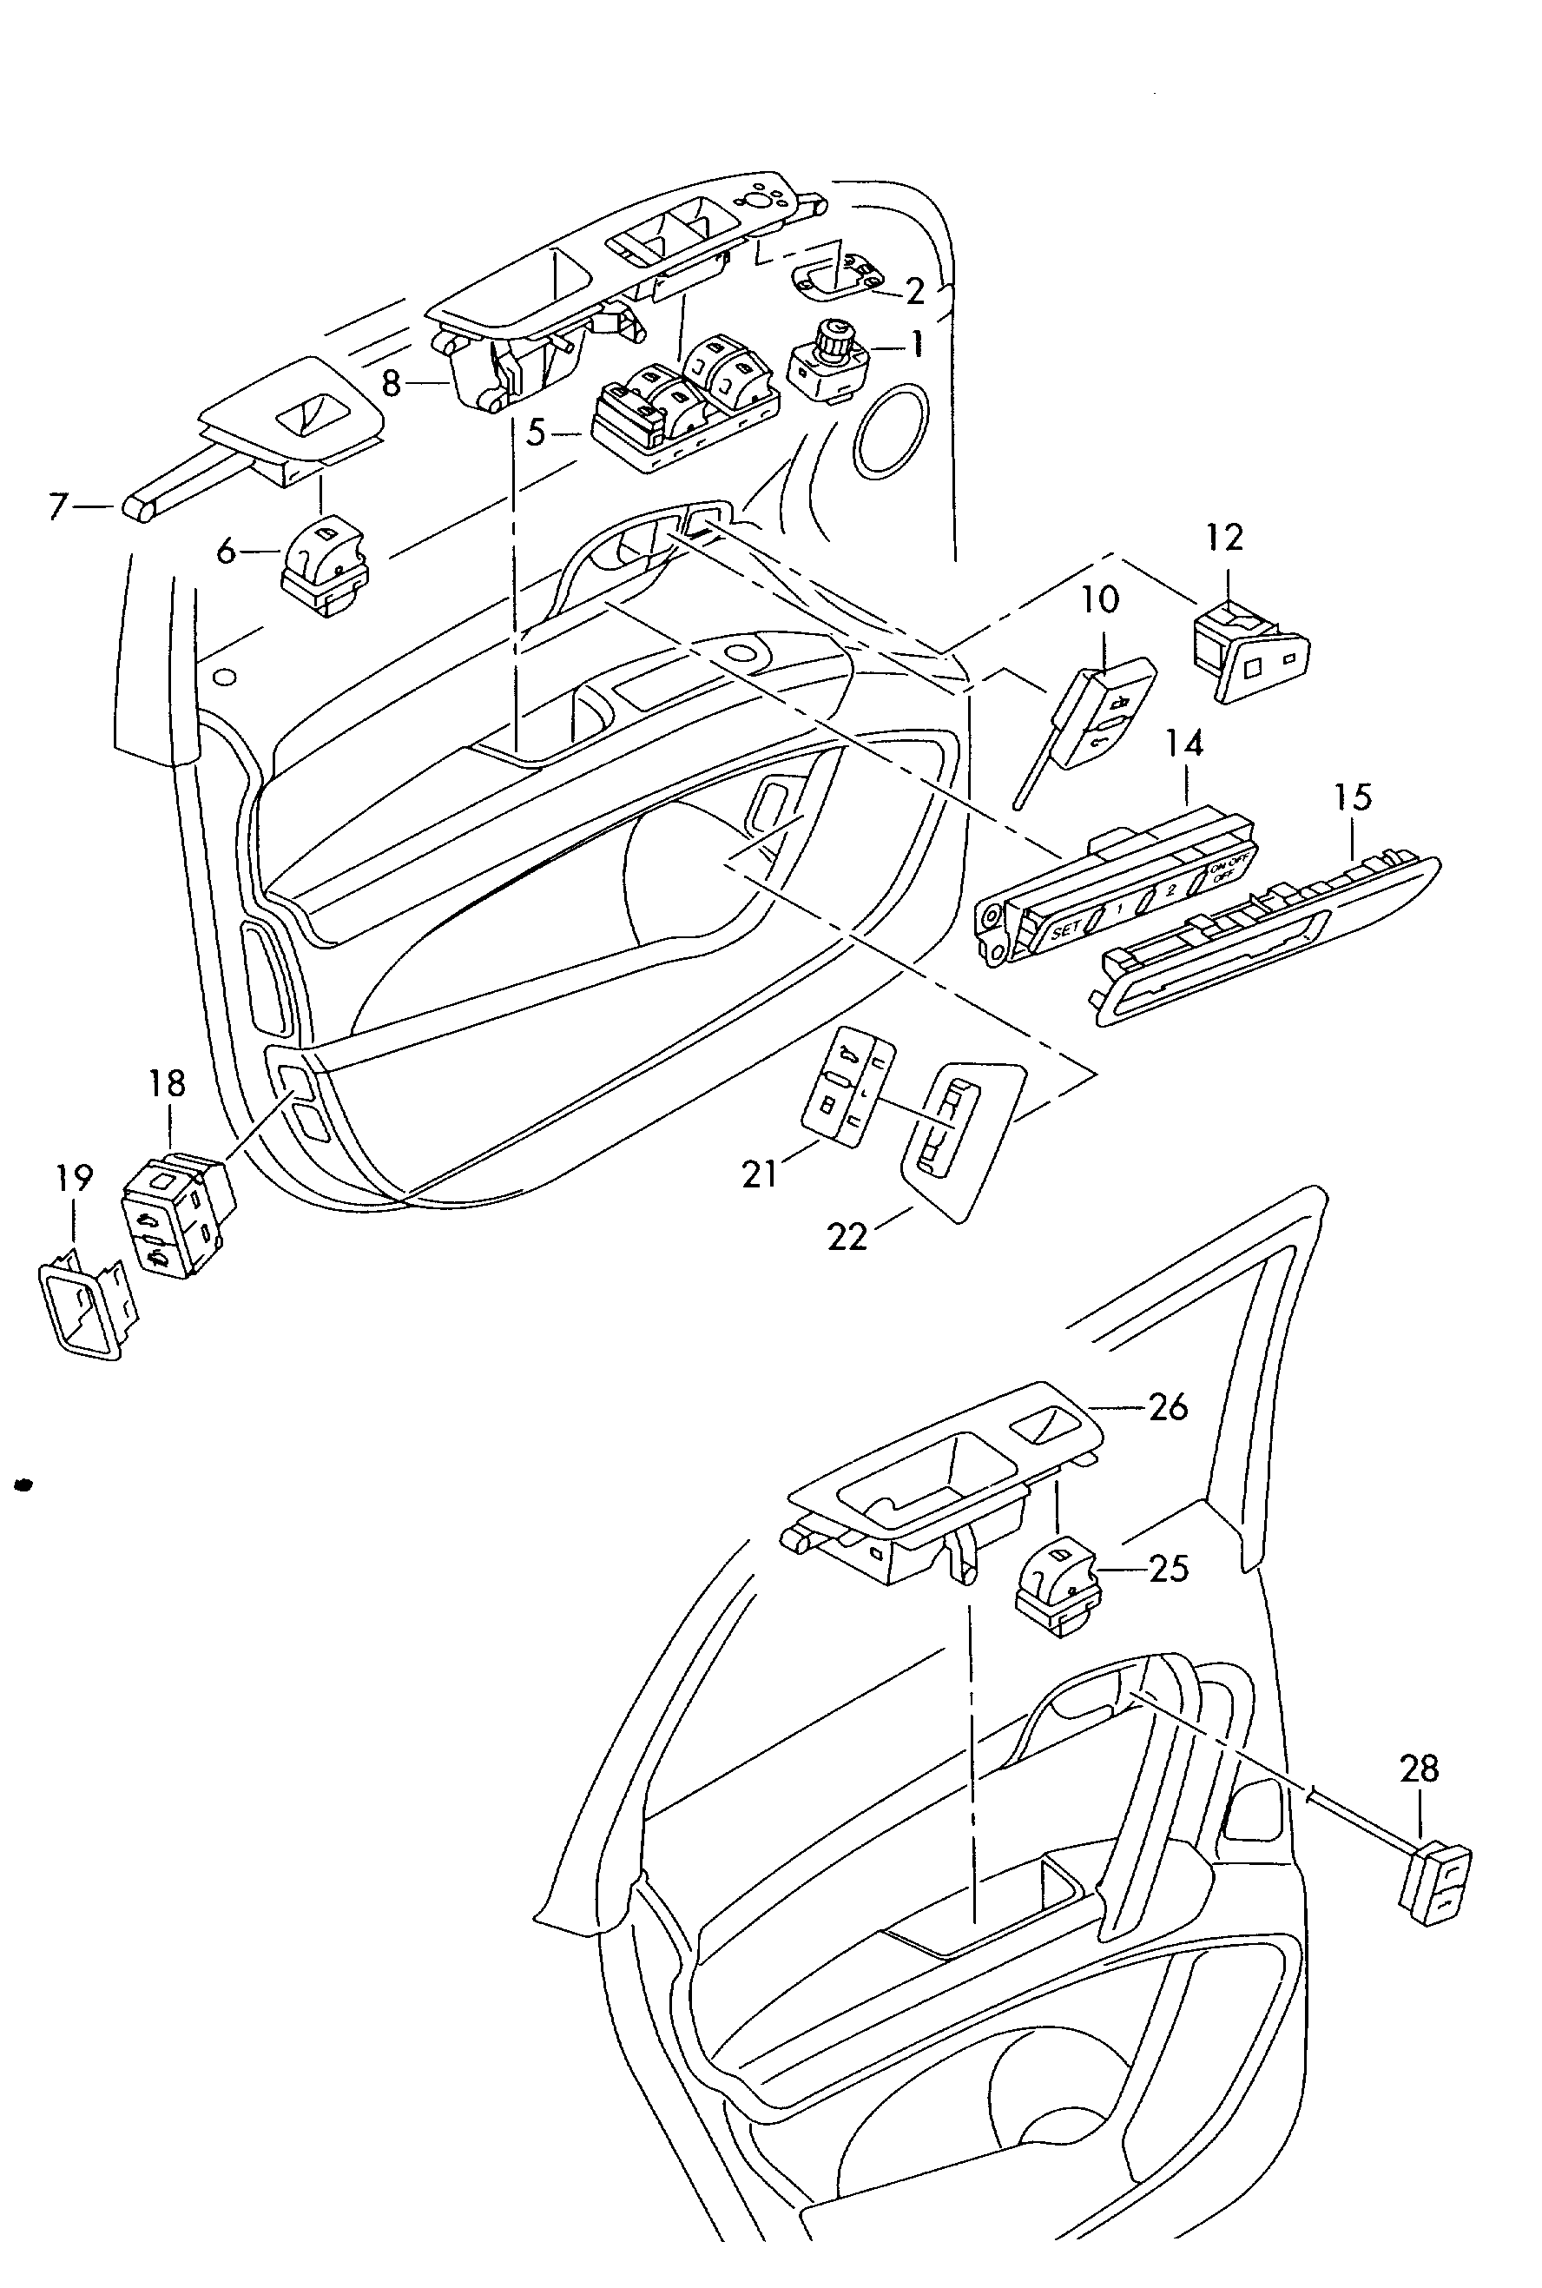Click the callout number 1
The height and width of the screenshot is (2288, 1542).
(x=917, y=345)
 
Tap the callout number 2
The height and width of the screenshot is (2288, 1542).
(x=914, y=290)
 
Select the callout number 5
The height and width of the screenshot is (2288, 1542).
(x=535, y=433)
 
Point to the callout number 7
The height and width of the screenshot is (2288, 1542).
(x=59, y=506)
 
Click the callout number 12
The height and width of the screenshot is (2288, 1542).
(x=1224, y=537)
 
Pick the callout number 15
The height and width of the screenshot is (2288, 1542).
(x=1354, y=797)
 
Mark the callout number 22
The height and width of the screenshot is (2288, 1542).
(x=847, y=1236)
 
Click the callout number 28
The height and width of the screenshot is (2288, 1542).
(x=1419, y=1796)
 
